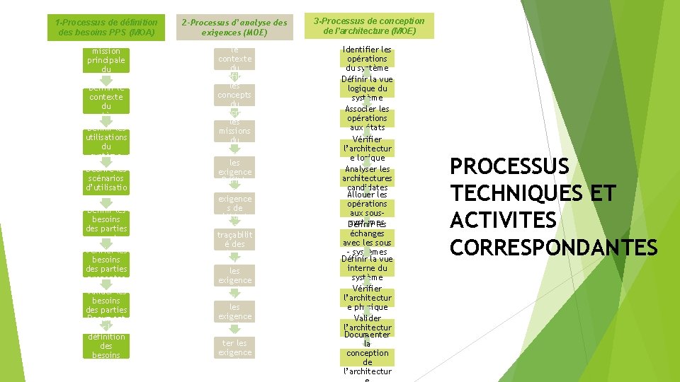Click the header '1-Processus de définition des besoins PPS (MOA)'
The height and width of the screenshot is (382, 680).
pos(106,28)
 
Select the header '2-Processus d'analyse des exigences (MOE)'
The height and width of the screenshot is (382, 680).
pos(234,28)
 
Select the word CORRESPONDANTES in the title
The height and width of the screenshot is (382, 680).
pos(554,247)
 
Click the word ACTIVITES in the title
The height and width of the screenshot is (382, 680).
pos(504,220)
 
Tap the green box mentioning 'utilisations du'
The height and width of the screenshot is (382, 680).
pos(106,141)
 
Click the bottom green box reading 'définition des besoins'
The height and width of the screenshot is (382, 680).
pos(106,346)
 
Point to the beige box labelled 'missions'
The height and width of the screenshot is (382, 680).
pos(234,131)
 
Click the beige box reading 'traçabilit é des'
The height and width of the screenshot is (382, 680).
pos(234,239)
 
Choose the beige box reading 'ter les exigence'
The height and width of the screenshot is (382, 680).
pos(234,347)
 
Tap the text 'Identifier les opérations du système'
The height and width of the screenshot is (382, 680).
pos(367,59)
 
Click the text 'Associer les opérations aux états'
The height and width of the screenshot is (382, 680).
pos(367,118)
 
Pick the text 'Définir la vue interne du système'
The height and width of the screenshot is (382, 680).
pos(367,268)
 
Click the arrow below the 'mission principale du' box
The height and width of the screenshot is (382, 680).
pos(105,79)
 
